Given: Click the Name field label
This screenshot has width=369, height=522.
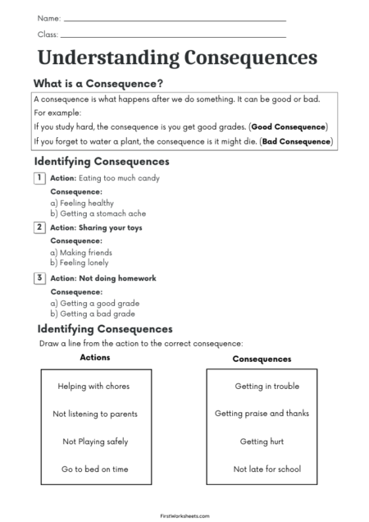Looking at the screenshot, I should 48,17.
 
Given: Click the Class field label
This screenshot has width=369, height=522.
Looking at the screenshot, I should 48,34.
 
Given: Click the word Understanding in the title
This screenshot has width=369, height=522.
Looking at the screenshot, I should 108,58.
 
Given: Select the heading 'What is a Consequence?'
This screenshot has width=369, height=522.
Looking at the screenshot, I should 98,84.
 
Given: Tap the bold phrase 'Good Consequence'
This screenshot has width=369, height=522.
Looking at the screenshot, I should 289,126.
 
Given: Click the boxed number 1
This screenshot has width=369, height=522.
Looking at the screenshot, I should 39,177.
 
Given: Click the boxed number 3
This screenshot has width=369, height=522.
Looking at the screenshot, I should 39,278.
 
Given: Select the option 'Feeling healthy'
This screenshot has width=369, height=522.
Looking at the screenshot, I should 81,202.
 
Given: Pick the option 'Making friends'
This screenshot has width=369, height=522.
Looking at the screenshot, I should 81,253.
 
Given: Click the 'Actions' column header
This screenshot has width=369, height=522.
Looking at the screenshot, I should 94,358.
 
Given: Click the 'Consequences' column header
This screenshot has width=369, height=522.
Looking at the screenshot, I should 262,359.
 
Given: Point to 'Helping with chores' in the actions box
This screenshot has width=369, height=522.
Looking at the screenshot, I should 93,386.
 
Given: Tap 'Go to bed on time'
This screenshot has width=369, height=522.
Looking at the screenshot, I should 94,469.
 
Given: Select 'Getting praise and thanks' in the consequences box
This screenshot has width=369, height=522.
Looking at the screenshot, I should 262,414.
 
